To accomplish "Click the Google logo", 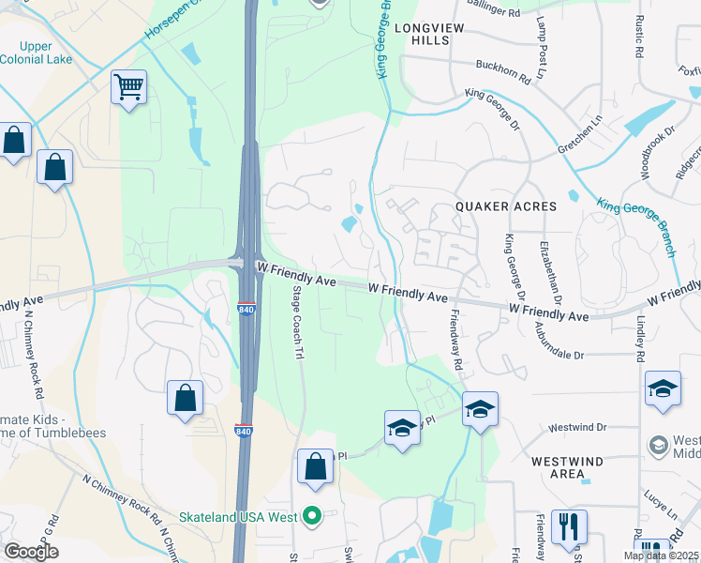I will click(x=31, y=551).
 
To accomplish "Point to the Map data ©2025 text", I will click(x=661, y=555).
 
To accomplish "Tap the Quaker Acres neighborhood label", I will click(x=505, y=205).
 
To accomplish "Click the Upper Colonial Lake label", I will click(x=36, y=53).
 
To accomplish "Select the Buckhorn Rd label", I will click(x=503, y=73).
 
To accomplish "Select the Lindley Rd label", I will click(x=640, y=335).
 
